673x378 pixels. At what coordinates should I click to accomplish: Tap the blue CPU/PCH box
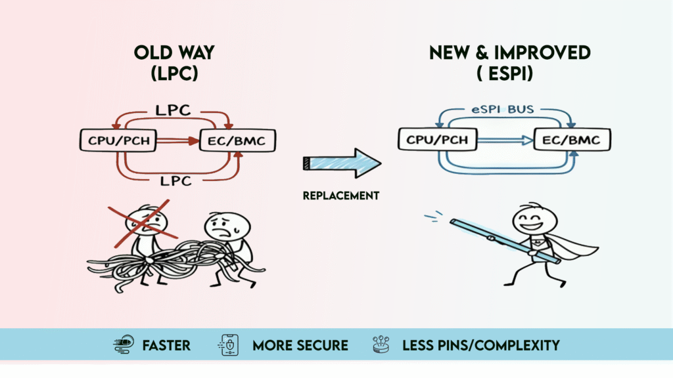436,139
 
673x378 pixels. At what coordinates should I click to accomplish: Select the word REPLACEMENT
340,195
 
